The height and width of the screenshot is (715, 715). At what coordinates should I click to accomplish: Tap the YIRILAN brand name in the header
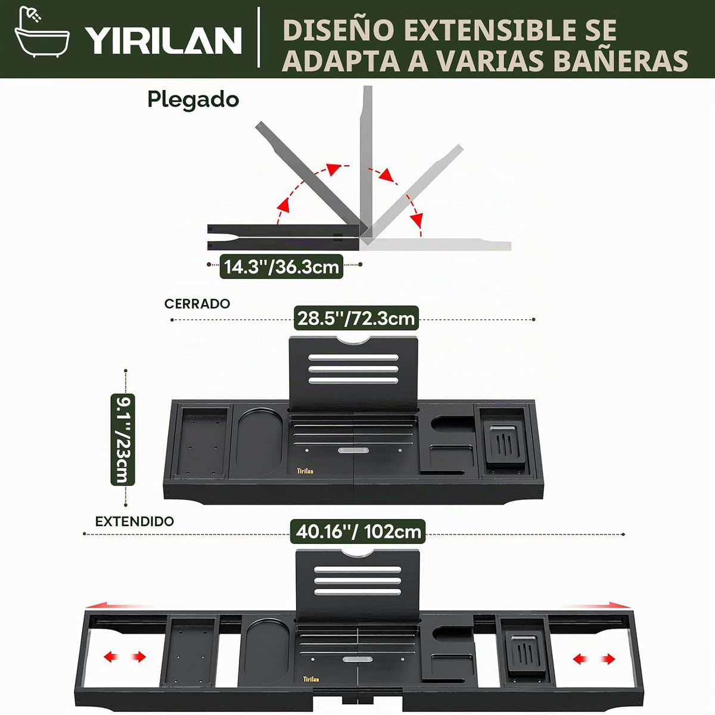pyautogui.click(x=163, y=41)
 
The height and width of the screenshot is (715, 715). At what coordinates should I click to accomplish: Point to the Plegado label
pyautogui.click(x=193, y=100)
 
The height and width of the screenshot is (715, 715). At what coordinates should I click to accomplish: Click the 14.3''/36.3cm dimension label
pyautogui.click(x=282, y=266)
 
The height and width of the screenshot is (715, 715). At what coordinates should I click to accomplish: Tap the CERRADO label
pyautogui.click(x=197, y=304)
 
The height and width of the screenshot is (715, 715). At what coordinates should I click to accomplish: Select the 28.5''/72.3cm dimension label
pyautogui.click(x=356, y=318)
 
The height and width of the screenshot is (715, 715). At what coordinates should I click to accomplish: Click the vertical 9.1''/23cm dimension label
pyautogui.click(x=123, y=439)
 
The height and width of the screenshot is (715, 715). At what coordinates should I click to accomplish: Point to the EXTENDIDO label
pyautogui.click(x=135, y=521)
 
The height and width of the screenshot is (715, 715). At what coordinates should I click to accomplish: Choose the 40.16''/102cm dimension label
pyautogui.click(x=358, y=531)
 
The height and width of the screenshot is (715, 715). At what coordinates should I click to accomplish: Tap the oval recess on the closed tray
pyautogui.click(x=259, y=442)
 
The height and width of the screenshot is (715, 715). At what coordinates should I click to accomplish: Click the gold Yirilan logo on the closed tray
pyautogui.click(x=305, y=471)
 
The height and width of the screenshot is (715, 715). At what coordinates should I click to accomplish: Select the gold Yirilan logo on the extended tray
pyautogui.click(x=311, y=679)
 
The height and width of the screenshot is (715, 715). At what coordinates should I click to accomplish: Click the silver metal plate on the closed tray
pyautogui.click(x=353, y=450)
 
